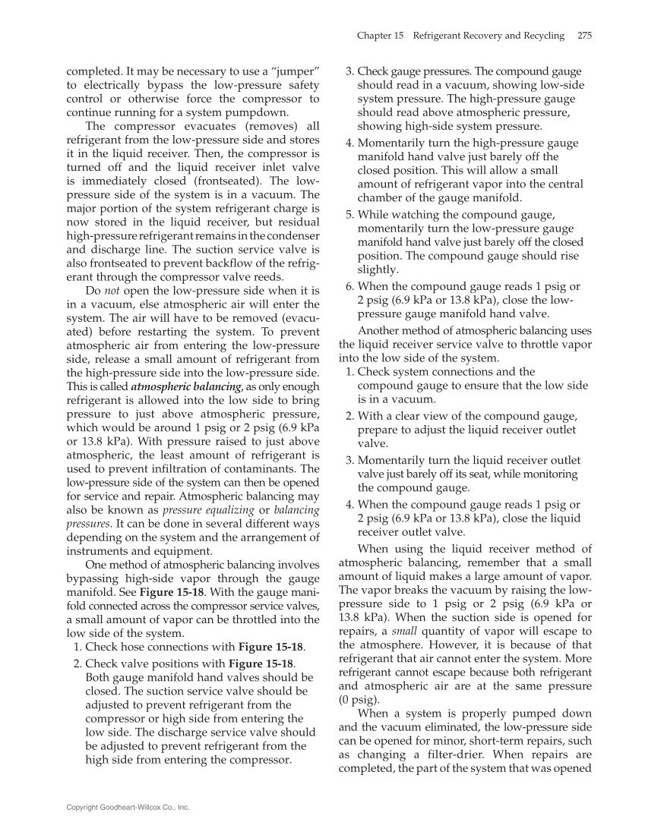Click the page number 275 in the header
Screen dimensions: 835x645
(584, 36)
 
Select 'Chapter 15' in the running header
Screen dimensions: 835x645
(378, 36)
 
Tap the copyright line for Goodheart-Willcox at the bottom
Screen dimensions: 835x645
(128, 808)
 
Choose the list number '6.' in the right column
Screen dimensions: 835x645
(350, 286)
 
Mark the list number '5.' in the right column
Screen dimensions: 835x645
(350, 215)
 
